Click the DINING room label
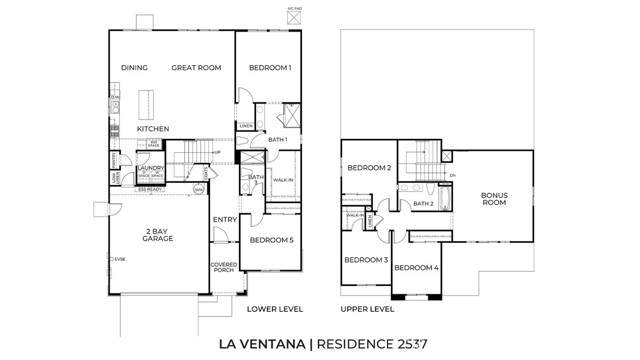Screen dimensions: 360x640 pos(135,68)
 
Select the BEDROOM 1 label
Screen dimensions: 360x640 pos(269,68)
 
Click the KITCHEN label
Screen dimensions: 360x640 pos(153,129)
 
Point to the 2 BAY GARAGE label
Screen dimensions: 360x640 pos(158,236)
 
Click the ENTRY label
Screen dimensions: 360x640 pos(224,220)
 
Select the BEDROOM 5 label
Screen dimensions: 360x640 pos(272,240)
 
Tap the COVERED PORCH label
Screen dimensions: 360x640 pos(223,268)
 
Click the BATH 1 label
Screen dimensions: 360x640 pos(277,140)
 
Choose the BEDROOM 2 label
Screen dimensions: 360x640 pos(369,167)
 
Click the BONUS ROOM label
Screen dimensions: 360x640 pos(494,199)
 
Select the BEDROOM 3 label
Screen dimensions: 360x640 pos(365,260)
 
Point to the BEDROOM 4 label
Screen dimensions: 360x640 pos(416,268)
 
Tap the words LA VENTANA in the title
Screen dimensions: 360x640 pos(263,344)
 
